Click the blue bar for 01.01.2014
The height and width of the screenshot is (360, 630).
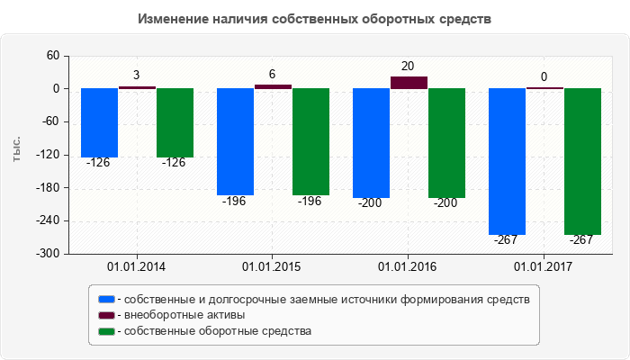(x=99, y=122)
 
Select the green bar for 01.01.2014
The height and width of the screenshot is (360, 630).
(x=175, y=122)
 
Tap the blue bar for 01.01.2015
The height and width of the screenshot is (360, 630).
(x=235, y=141)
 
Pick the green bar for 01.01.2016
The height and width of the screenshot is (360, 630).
(x=446, y=142)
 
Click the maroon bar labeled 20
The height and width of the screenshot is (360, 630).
(x=409, y=83)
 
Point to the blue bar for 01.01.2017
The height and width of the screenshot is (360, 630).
(x=507, y=161)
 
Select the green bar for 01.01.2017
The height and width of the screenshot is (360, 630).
(x=582, y=161)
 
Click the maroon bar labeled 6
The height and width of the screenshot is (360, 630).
(x=273, y=86)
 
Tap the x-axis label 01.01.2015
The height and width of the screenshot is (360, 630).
(x=273, y=267)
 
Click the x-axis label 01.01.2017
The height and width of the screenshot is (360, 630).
(x=544, y=267)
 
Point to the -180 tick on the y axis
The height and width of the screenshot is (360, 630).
(x=47, y=188)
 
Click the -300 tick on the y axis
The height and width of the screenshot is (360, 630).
(x=47, y=254)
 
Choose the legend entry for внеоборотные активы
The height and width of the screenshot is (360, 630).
(x=184, y=315)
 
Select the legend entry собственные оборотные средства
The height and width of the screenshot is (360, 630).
(x=219, y=331)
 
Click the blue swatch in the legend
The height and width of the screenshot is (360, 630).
(x=107, y=299)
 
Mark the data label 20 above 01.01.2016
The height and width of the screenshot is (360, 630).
(x=408, y=67)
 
